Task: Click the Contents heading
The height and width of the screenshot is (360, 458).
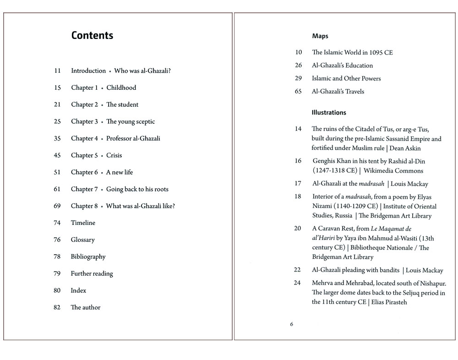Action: (92, 36)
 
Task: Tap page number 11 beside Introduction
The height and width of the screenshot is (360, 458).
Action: (57, 71)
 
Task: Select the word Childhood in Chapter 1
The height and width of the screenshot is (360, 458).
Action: (121, 88)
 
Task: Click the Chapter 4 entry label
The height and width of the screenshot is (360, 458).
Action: (84, 138)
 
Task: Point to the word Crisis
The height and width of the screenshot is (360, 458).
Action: (114, 155)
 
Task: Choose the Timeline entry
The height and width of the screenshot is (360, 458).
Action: (83, 223)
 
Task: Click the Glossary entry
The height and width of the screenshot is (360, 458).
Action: (82, 240)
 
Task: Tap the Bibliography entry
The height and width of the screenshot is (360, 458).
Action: (88, 257)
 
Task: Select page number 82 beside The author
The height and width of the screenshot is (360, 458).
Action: (57, 307)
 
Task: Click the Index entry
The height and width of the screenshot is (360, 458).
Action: (78, 290)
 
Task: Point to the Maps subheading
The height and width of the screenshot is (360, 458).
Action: (320, 36)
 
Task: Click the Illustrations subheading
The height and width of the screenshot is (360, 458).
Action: (329, 113)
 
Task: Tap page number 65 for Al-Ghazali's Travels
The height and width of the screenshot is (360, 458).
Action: (298, 92)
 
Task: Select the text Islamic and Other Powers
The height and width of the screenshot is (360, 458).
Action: (346, 78)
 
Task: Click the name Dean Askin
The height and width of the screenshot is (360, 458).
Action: (405, 148)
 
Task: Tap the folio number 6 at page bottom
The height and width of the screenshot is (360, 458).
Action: (292, 325)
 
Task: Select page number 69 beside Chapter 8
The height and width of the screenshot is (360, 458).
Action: (57, 206)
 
